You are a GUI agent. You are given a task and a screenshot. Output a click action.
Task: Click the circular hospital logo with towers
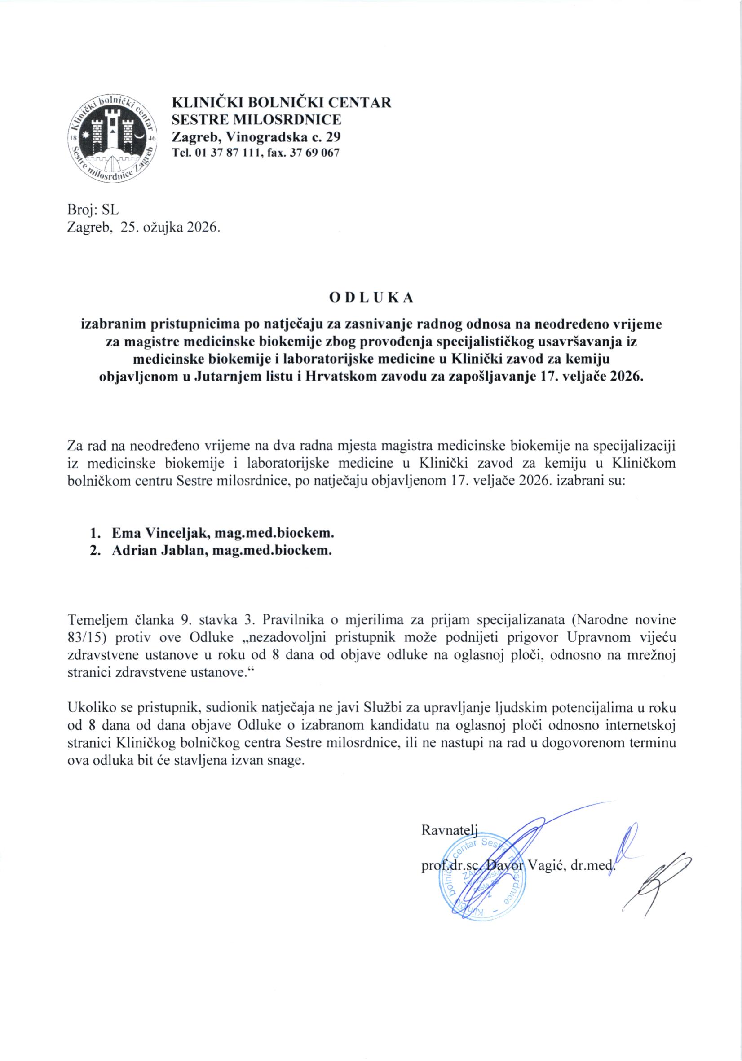(x=112, y=140)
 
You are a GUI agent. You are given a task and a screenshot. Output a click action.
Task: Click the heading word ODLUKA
(x=371, y=298)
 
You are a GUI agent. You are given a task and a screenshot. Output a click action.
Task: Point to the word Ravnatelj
(x=449, y=829)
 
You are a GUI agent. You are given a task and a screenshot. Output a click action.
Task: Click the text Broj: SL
(x=93, y=210)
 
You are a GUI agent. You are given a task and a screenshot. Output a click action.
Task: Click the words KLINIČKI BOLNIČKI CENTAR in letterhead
(x=281, y=102)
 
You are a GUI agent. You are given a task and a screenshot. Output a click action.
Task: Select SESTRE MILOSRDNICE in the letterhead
(x=256, y=120)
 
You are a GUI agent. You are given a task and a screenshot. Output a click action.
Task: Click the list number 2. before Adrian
(x=95, y=551)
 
